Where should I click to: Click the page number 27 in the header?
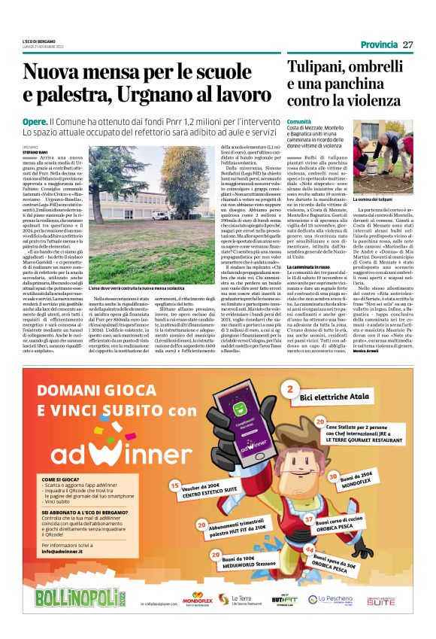pos(408,44)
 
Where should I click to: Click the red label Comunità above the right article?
pos(298,121)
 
